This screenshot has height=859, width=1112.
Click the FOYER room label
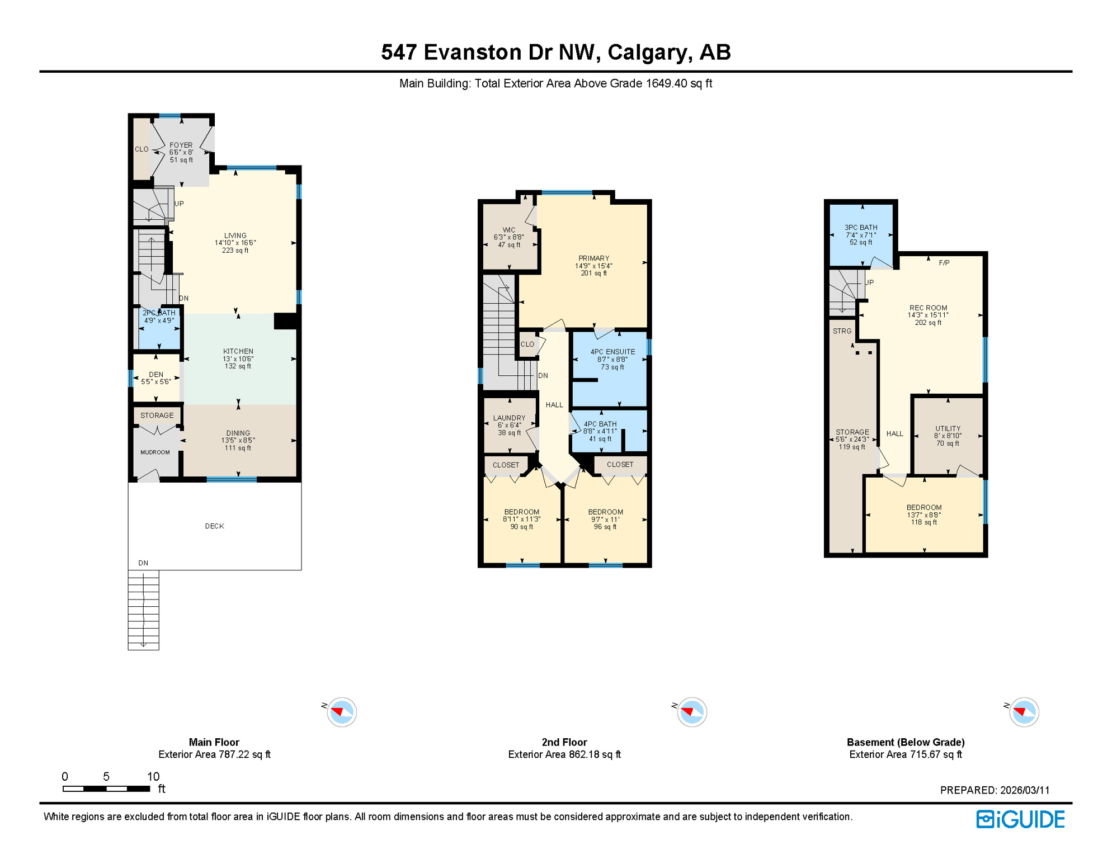pos(181,145)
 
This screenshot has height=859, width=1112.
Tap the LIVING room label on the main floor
pos(235,236)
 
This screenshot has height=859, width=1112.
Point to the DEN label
pos(156,375)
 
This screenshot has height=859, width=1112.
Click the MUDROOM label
pos(155,452)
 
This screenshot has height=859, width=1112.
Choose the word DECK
pos(214,526)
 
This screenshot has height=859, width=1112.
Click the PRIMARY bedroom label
pos(594,259)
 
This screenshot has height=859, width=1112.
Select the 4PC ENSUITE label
pos(613,352)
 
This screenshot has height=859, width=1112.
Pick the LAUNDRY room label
pos(510,418)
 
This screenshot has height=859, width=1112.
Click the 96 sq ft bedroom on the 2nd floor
pos(606,519)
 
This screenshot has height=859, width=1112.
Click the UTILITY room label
pos(948,429)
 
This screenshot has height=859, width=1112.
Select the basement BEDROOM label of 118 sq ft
pos(924,508)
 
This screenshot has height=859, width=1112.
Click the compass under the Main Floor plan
pos(342,712)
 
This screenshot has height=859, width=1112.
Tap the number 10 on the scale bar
pos(153,777)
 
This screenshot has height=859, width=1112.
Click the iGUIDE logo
pos(1021,820)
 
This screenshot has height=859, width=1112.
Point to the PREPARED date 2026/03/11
pos(1025,790)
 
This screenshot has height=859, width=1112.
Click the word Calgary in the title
pos(647,52)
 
